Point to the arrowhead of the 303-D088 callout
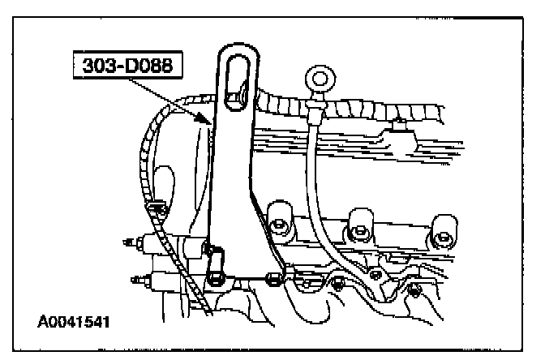[210, 122]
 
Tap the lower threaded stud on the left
[135, 278]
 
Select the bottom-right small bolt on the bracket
[415, 289]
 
